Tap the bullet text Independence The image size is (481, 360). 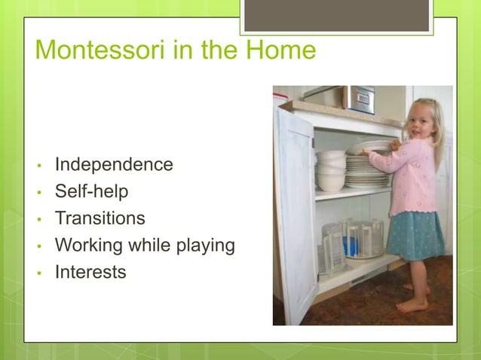click(x=114, y=164)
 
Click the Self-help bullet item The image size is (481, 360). click(x=91, y=191)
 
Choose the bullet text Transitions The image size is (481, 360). click(x=100, y=218)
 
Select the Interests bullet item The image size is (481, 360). click(x=90, y=272)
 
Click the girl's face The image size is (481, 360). click(x=420, y=121)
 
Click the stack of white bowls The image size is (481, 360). click(x=330, y=170)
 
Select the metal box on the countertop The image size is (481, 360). click(x=360, y=99)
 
